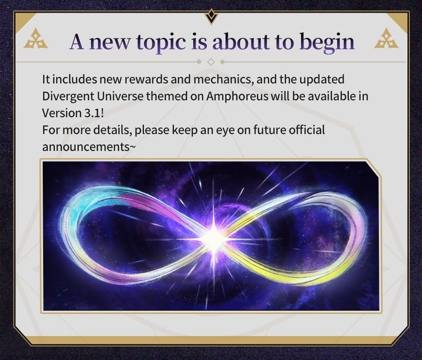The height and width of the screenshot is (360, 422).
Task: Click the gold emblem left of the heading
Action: click(36, 39)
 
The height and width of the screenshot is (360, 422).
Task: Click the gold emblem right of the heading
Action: click(386, 39)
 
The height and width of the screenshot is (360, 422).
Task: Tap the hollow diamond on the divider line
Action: click(211, 62)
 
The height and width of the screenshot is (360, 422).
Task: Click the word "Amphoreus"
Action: click(237, 96)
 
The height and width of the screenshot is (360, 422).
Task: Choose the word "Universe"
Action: click(121, 96)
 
